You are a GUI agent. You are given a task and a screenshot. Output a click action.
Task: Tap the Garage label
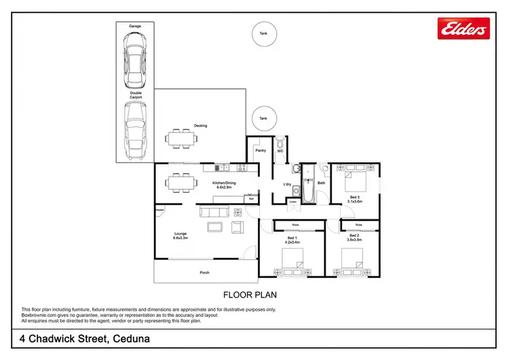coord(134,25)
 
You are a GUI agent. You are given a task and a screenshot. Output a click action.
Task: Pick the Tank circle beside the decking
coord(263,118)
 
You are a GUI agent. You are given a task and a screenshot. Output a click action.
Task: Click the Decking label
coord(200,126)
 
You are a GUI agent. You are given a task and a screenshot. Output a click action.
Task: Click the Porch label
coord(204,272)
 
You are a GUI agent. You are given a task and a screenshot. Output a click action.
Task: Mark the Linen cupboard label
coord(293,201)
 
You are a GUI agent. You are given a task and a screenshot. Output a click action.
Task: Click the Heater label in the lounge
coord(160,210)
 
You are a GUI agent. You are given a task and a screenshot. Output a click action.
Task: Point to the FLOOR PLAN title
coord(250,295)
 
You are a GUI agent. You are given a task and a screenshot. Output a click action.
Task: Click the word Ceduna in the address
coord(127,339)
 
